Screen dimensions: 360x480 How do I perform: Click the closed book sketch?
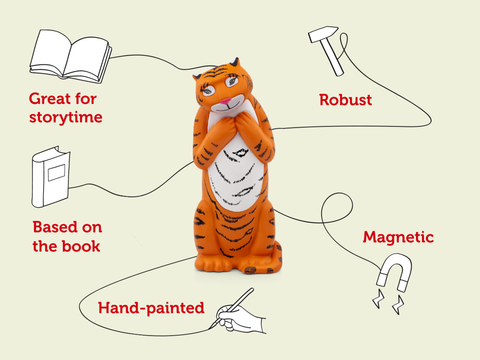(51, 180)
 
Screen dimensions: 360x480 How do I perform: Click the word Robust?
(346, 100)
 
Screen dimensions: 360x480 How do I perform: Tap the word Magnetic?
(397, 238)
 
